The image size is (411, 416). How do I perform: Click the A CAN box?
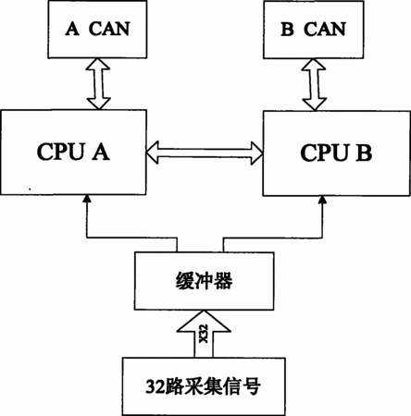pos(97,30)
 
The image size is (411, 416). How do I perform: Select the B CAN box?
pos(314,30)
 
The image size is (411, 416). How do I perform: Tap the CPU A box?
pos(73,153)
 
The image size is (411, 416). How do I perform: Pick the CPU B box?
pos(337,153)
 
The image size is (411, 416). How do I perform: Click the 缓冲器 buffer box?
pos(204,281)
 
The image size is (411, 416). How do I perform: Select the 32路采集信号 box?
pos(204,386)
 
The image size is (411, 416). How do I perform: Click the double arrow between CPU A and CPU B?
pos(205,153)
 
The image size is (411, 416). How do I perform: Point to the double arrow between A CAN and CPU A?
pos(98,84)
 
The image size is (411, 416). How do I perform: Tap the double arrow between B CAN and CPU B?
pos(314,84)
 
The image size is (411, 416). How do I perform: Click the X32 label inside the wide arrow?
pos(204,334)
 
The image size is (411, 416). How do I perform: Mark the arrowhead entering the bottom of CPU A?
pos(88,199)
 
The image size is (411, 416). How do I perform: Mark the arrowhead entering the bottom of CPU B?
pos(323,200)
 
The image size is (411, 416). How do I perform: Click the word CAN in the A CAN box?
pos(109,29)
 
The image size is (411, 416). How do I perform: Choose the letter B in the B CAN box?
pos(287,30)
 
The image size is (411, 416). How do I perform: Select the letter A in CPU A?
pos(101,152)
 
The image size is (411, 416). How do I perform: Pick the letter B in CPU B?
pos(364,153)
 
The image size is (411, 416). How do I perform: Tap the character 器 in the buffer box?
pos(222,281)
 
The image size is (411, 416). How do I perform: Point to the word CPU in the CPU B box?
pos(324,153)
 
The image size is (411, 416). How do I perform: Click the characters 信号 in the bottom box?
pos(241,386)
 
